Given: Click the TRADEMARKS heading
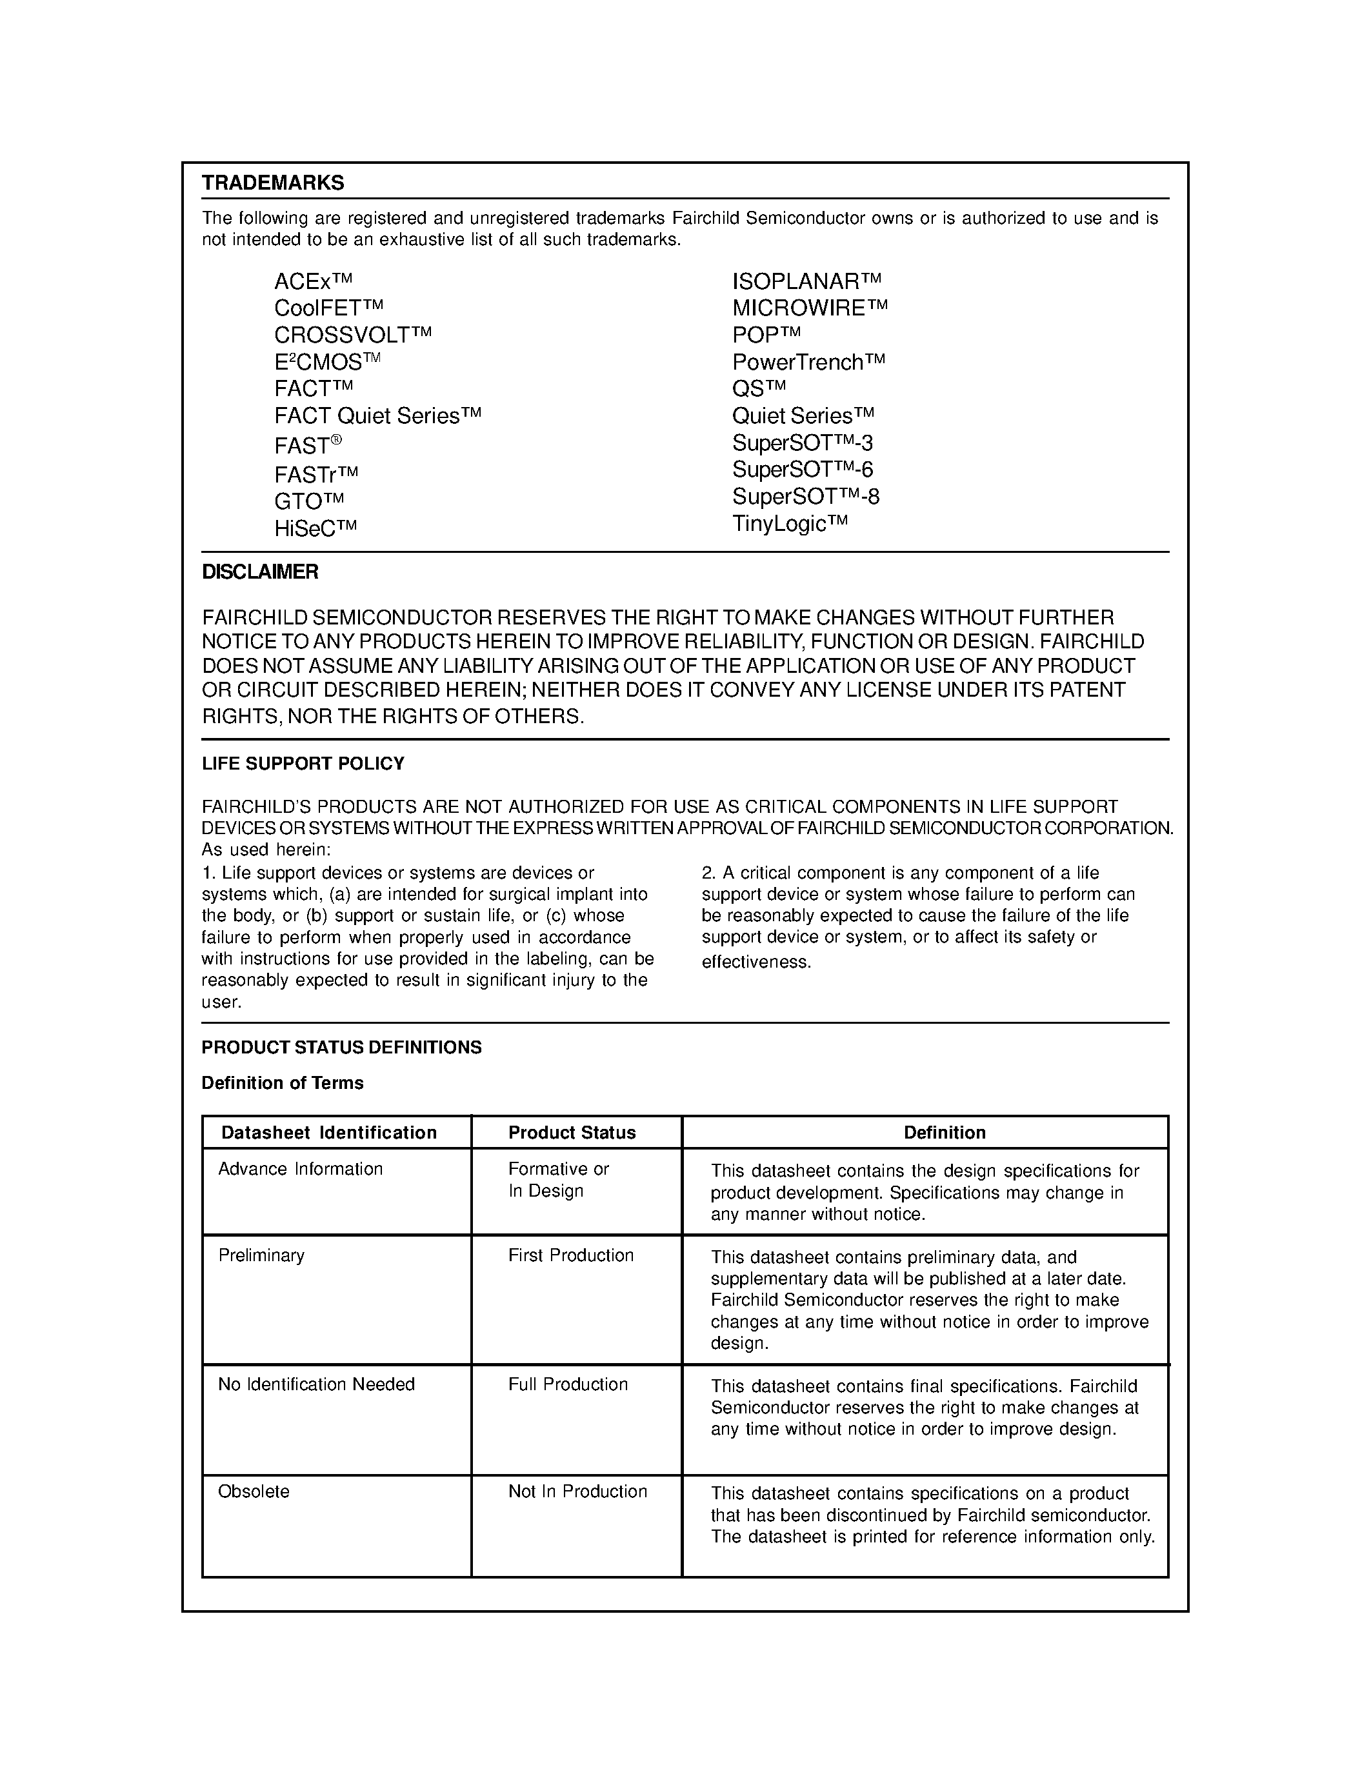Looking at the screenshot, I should click(273, 183).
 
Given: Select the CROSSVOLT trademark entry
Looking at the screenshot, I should click(352, 335).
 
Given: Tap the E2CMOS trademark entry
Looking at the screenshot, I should click(326, 361).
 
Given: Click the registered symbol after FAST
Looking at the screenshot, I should click(336, 439).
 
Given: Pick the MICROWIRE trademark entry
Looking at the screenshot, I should click(810, 308).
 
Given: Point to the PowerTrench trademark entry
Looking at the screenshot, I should click(808, 361).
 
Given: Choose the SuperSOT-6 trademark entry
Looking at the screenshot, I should click(803, 470).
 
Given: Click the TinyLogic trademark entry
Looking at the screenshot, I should click(790, 523).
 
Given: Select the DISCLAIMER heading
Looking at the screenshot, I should click(260, 572).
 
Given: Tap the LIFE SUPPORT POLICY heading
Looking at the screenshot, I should click(303, 764).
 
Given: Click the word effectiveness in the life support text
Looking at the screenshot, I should click(756, 962).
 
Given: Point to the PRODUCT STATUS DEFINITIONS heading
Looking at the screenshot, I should click(341, 1047).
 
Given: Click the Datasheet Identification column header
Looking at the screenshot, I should click(329, 1132).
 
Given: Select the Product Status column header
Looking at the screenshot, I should click(572, 1132).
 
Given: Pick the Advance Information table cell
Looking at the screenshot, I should click(301, 1169).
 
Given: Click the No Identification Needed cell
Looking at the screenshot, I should click(316, 1384).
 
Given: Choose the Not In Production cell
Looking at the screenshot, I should click(577, 1491).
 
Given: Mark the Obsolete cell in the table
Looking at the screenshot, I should click(254, 1491).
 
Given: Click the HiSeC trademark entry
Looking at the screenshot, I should click(315, 529).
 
